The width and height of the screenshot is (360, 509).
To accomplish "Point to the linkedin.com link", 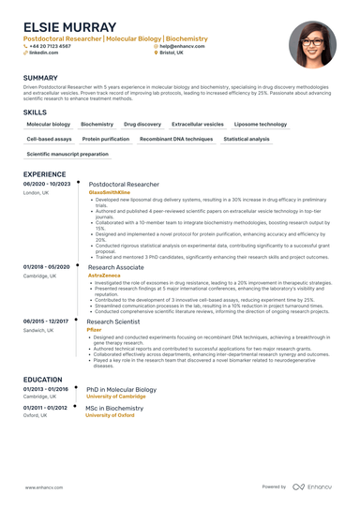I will [43, 52].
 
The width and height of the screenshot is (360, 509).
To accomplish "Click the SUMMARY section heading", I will [40, 78].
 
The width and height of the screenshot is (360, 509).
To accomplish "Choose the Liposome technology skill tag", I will [261, 124].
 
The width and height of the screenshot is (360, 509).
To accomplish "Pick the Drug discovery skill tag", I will [142, 124].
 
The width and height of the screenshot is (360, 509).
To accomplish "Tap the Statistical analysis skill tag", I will [246, 139].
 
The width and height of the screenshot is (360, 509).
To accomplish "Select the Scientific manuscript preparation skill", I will [67, 154].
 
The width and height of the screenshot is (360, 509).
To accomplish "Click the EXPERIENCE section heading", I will [44, 174].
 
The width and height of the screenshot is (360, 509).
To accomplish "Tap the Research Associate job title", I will [115, 267].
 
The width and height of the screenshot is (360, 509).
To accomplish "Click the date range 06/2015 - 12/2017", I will [46, 322].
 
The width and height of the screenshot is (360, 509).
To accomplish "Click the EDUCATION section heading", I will [43, 380].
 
